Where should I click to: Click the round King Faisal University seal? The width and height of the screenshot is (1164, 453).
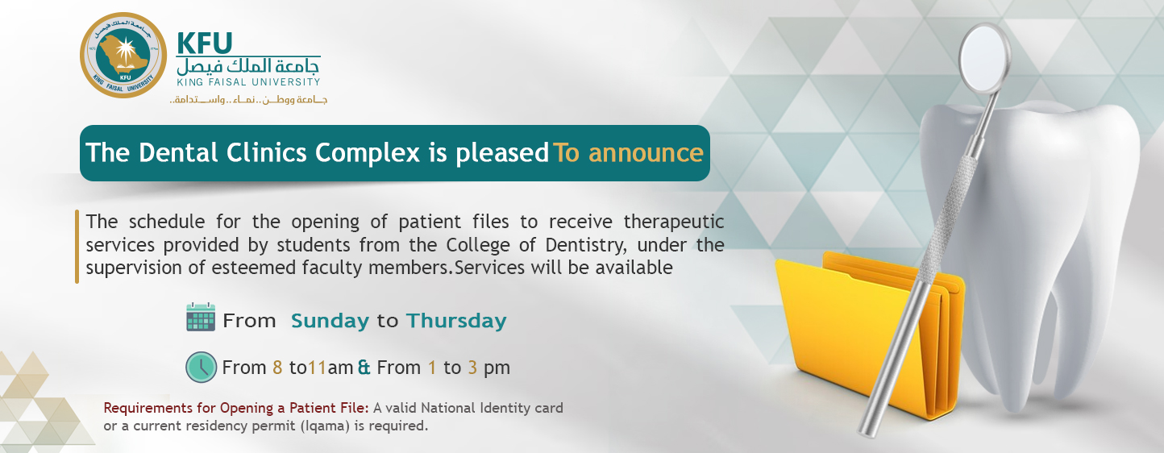pyautogui.click(x=123, y=55)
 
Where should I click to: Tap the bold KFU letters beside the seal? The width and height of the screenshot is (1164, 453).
pyautogui.click(x=204, y=43)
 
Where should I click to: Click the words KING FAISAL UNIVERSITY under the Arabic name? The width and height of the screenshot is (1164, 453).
pyautogui.click(x=248, y=82)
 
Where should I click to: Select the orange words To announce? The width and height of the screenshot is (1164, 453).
pyautogui.click(x=628, y=152)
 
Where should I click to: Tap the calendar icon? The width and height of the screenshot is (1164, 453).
pyautogui.click(x=201, y=317)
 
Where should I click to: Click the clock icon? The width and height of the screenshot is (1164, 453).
pyautogui.click(x=201, y=367)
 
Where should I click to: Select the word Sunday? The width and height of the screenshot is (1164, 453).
pyautogui.click(x=330, y=321)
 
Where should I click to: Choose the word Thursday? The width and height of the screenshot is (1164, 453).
pyautogui.click(x=456, y=321)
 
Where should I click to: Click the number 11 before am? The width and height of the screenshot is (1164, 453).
pyautogui.click(x=317, y=368)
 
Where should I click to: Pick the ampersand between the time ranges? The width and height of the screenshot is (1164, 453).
pyautogui.click(x=364, y=368)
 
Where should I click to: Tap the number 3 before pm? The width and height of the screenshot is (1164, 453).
pyautogui.click(x=472, y=368)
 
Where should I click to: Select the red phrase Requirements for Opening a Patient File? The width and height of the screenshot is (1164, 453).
pyautogui.click(x=236, y=409)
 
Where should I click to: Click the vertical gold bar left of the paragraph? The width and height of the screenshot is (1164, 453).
pyautogui.click(x=77, y=246)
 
